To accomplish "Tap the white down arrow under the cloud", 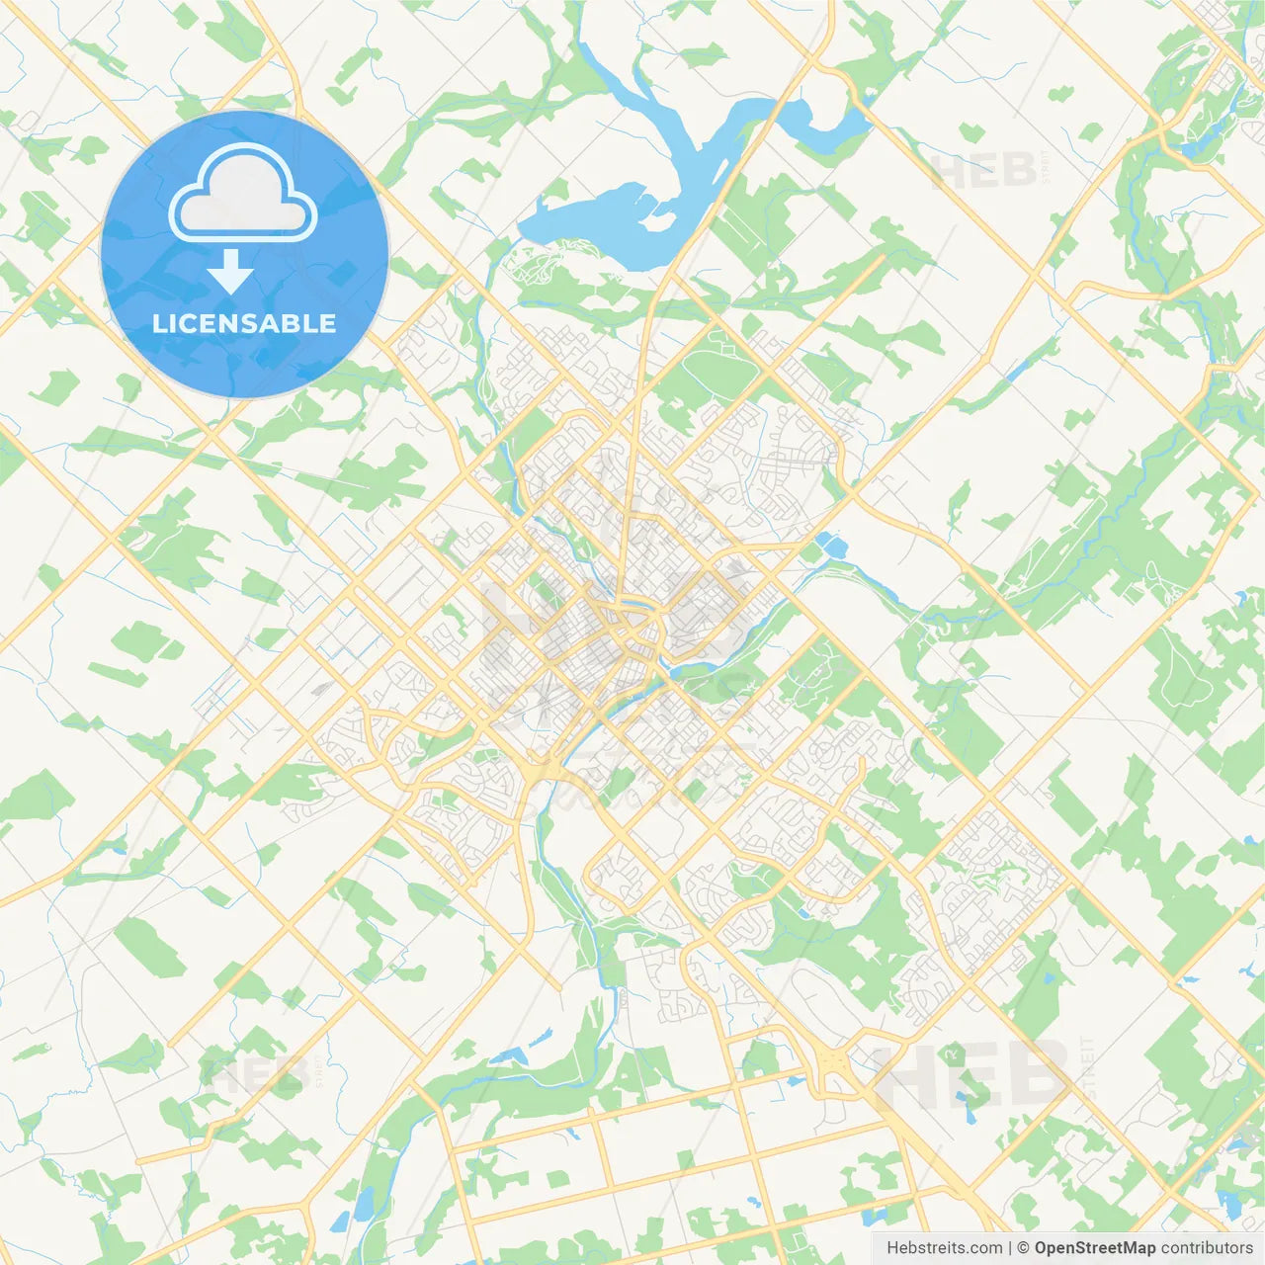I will [230, 272].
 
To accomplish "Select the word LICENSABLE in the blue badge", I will [244, 323].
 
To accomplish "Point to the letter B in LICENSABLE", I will [292, 323].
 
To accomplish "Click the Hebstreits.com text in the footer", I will [944, 1248].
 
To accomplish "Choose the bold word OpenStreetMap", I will [1094, 1248].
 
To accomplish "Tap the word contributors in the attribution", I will [1207, 1248].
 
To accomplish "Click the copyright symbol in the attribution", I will [1024, 1248].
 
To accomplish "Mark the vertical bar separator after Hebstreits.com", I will [1011, 1248].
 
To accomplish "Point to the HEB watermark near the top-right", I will [983, 170].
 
